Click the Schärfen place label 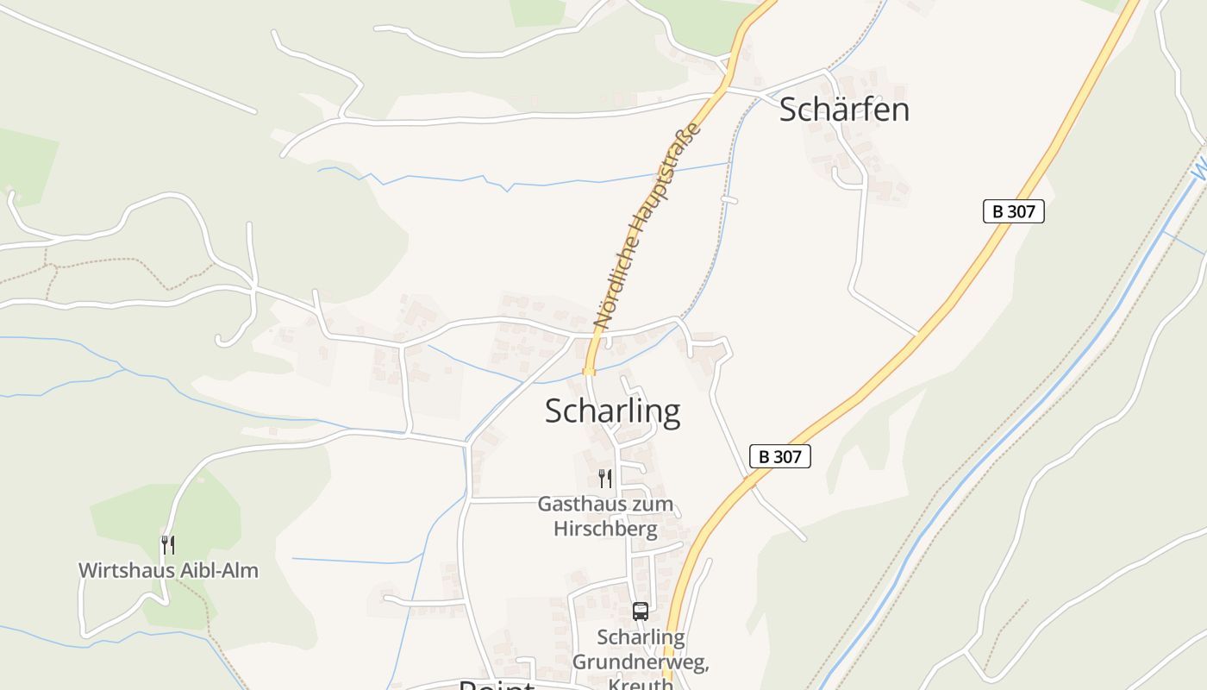click(844, 110)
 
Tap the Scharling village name click(612, 411)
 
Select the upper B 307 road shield click(1013, 211)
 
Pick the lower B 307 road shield click(780, 456)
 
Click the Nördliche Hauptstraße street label click(647, 226)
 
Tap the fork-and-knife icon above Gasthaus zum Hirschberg click(605, 478)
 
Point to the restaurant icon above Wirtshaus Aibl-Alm click(168, 544)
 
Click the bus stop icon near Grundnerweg click(641, 612)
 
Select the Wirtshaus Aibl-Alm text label click(168, 570)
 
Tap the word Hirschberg click(605, 528)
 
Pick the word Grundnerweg click(641, 662)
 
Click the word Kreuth click(641, 684)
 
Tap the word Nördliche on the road click(618, 281)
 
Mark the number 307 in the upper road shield click(1023, 211)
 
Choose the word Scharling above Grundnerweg click(641, 638)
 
